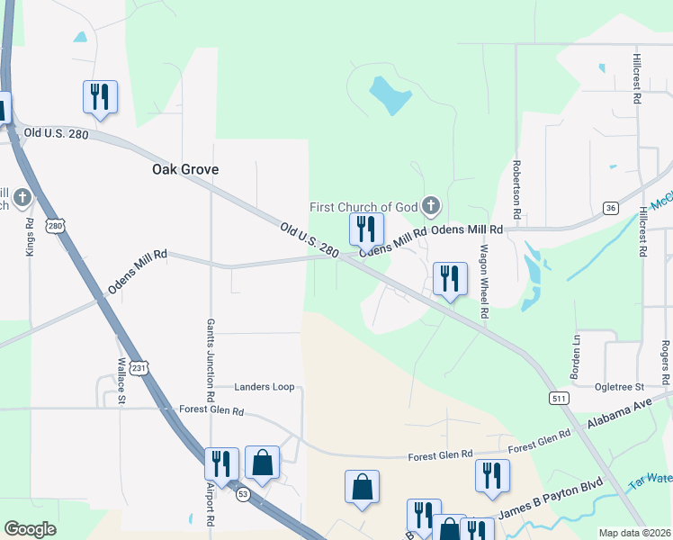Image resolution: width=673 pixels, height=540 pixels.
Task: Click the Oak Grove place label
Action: coord(185,169)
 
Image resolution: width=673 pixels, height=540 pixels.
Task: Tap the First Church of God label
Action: coord(364,207)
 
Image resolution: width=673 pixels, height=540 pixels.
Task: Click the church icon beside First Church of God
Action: coord(431,208)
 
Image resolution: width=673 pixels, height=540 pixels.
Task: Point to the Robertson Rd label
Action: coord(517,192)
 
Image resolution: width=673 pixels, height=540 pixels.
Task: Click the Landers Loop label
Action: coord(265,387)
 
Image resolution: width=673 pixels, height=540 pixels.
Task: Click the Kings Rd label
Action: coord(30,237)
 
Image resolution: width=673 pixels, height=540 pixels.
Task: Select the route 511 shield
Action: coord(558,397)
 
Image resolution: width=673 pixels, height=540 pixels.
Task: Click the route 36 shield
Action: coord(611,208)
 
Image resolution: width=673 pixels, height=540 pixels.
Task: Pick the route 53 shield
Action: coord(243,494)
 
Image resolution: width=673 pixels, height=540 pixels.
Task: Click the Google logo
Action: coord(30,529)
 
